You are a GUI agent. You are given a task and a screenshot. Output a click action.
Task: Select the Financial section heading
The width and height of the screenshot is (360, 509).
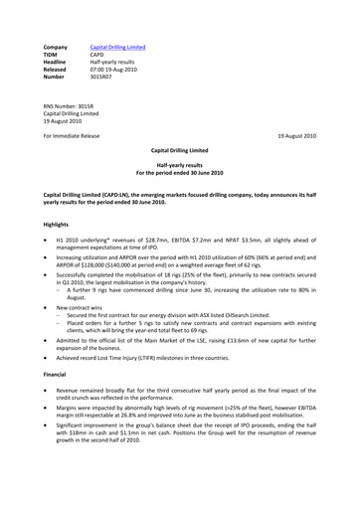[59, 383]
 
